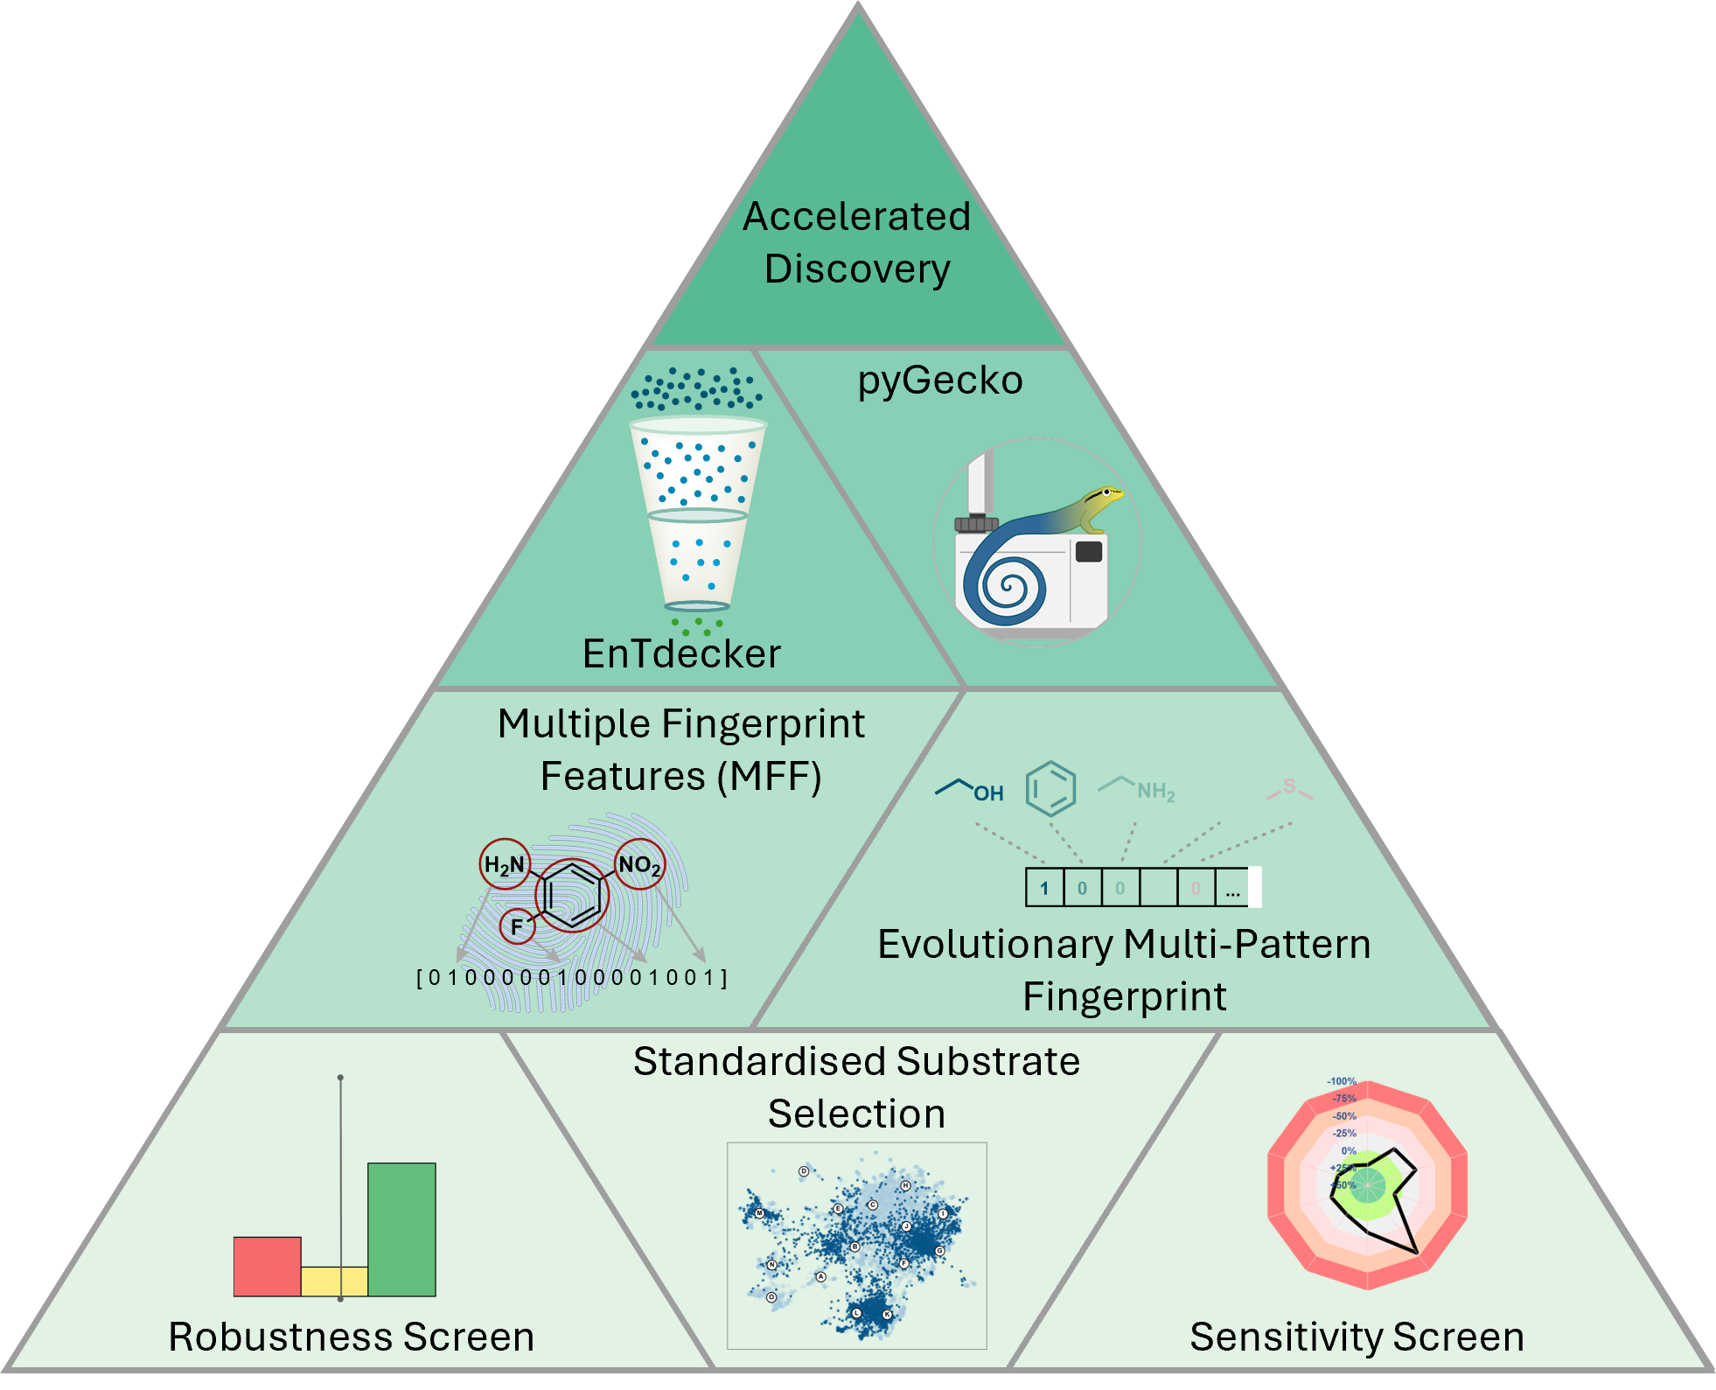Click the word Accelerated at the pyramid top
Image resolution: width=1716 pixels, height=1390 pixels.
pos(856,216)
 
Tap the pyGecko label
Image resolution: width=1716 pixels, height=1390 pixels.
pos(939,381)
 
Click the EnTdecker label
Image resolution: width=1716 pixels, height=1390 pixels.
pos(681,653)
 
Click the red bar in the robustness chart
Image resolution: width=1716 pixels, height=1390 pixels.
pos(267,1266)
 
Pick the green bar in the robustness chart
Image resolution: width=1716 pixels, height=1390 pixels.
pos(401,1229)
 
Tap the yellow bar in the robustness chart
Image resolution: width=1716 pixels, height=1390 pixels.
pos(334,1281)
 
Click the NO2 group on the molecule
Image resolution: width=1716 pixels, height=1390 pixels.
pos(639,865)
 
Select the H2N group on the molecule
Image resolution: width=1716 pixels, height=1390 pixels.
pos(504,865)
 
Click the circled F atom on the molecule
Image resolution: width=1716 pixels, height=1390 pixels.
pos(517,926)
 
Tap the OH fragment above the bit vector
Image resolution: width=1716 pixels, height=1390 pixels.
pos(987,793)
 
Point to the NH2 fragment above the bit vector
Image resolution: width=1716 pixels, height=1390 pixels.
pos(1154,792)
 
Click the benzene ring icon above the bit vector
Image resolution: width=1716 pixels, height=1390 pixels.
pos(1050,788)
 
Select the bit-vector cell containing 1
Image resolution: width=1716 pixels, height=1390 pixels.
pos(1044,889)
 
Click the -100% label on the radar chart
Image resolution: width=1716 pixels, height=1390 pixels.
pos(1341,1081)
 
